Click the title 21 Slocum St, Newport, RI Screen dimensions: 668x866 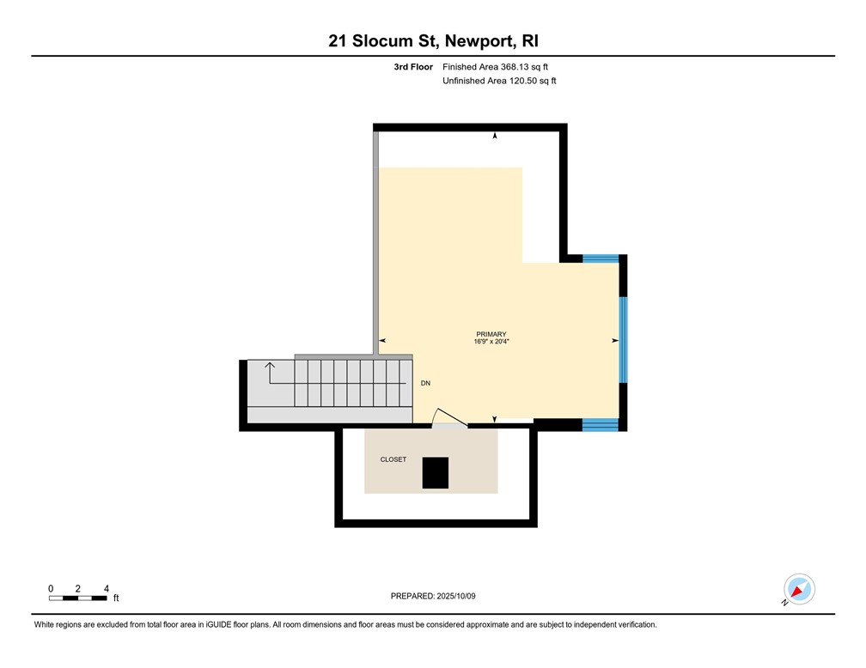pos(433,40)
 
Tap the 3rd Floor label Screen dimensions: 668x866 pos(413,66)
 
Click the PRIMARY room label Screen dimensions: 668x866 pos(491,334)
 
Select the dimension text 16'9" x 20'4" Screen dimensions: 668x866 pos(491,342)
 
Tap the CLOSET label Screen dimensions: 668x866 pos(393,459)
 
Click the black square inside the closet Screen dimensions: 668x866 pos(435,473)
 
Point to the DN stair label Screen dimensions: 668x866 pos(425,383)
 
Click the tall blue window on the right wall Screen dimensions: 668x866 pos(623,340)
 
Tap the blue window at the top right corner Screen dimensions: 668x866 pos(601,258)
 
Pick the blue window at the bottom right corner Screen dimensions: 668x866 pos(600,424)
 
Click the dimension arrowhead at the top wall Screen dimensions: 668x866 pos(495,136)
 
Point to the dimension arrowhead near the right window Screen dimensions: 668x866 pos(614,341)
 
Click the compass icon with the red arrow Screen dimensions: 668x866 pos(799,590)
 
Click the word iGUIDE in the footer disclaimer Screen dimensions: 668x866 pos(213,625)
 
